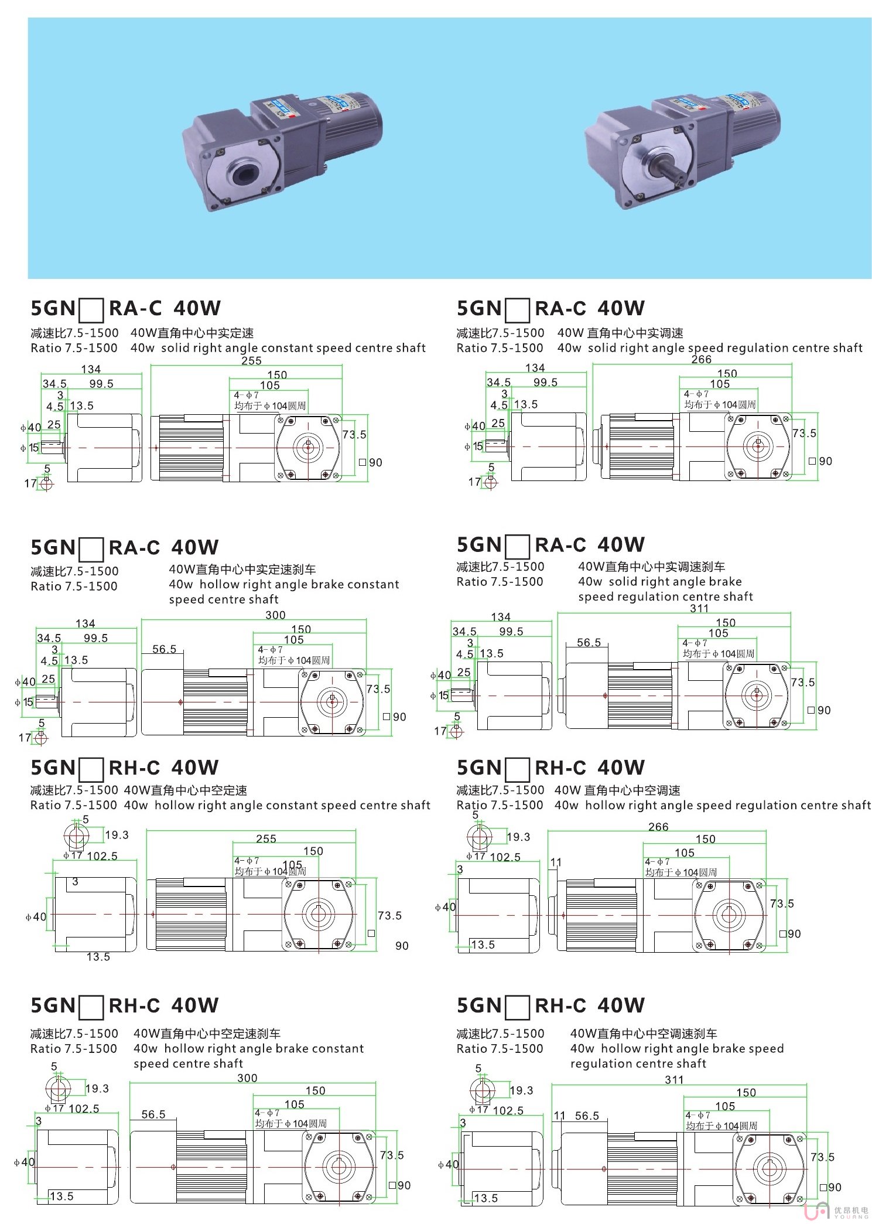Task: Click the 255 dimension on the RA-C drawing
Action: (x=251, y=361)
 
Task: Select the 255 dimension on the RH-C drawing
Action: (x=266, y=838)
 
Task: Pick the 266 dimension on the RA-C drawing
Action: (x=701, y=359)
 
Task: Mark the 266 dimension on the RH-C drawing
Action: (x=658, y=827)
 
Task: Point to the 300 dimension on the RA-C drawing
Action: (x=275, y=615)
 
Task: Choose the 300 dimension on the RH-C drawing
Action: (x=247, y=1078)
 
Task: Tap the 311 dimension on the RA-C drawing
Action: (x=699, y=608)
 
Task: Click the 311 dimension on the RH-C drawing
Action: (x=674, y=1080)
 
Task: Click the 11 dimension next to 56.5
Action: (x=559, y=1116)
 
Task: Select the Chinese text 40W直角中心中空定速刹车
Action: (x=207, y=1034)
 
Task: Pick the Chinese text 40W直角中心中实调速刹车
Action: (x=651, y=567)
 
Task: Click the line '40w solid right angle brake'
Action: (x=660, y=582)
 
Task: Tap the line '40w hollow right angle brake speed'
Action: (x=676, y=1049)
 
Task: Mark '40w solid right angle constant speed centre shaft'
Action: (x=278, y=348)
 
